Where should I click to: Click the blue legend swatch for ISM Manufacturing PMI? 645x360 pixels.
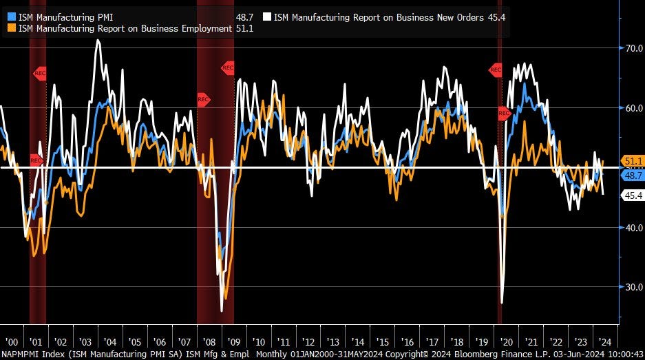(12, 17)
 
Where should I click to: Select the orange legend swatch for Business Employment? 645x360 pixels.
(12, 28)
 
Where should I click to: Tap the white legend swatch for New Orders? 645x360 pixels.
(266, 17)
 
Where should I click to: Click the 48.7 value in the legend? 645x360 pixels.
(244, 17)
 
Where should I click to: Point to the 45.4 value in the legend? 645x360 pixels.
(496, 17)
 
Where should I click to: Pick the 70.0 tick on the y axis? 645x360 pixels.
(633, 48)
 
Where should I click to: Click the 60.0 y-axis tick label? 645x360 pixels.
(633, 108)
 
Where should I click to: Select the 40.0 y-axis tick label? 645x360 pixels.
(633, 228)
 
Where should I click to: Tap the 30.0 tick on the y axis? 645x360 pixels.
(633, 288)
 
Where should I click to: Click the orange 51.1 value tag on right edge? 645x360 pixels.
(633, 161)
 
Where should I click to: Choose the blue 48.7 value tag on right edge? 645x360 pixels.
(633, 176)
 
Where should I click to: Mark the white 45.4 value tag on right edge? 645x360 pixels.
(633, 196)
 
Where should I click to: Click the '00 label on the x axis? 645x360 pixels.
(11, 341)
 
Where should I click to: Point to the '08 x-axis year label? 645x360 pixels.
(209, 341)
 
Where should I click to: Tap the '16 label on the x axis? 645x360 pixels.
(408, 341)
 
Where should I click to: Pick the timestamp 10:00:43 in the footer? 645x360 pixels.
(624, 354)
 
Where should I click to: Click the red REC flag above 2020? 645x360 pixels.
(496, 70)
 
